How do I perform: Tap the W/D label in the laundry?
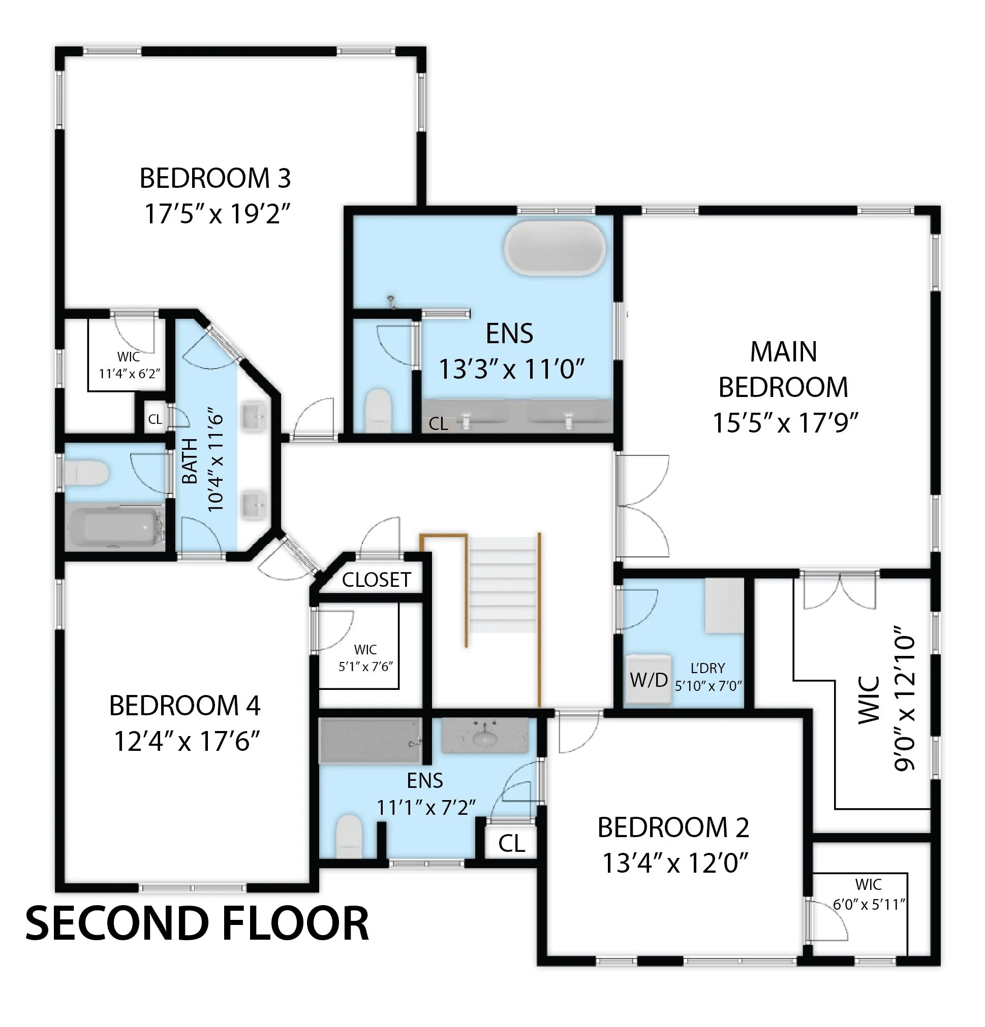(x=648, y=680)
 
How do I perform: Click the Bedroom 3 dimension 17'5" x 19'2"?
(x=217, y=214)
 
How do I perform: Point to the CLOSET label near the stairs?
(x=376, y=580)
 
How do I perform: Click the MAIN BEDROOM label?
(x=783, y=369)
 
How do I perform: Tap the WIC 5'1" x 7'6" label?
(x=365, y=658)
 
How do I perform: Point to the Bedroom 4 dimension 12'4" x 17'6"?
(x=187, y=741)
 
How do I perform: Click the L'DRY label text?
(x=707, y=669)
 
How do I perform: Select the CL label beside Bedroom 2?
(x=511, y=844)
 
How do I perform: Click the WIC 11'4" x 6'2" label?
(x=129, y=365)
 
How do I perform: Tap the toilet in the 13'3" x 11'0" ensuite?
(x=378, y=409)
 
